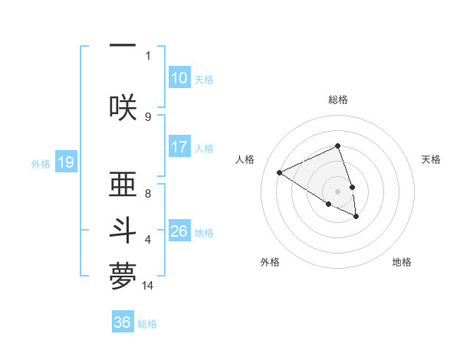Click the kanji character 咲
[123, 106]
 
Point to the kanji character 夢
[123, 277]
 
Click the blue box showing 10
[179, 78]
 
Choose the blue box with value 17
[179, 147]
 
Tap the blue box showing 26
[179, 231]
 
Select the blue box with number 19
[66, 162]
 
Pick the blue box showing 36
[123, 322]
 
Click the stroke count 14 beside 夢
[148, 286]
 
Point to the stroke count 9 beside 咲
[148, 116]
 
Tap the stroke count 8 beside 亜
[148, 194]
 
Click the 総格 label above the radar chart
[338, 100]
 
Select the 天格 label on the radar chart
[431, 159]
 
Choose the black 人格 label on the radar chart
[245, 159]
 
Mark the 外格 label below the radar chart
[270, 262]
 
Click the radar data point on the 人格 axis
[280, 173]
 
